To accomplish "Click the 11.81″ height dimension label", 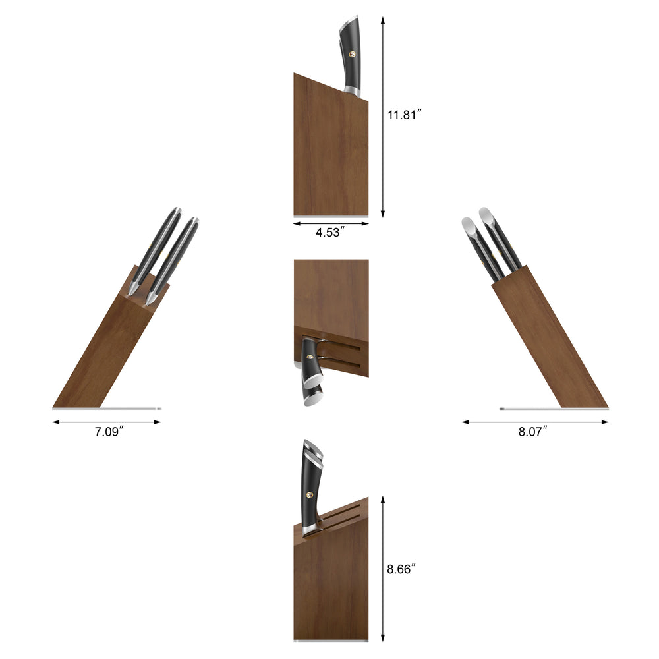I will click(x=404, y=115).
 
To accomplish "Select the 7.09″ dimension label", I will click(x=107, y=433).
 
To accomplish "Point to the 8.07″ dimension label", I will click(x=534, y=432).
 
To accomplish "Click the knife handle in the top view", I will click(x=351, y=56).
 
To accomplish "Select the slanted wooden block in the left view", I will click(x=112, y=349).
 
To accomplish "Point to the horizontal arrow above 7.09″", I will click(x=107, y=422).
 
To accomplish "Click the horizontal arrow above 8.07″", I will click(x=534, y=422).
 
